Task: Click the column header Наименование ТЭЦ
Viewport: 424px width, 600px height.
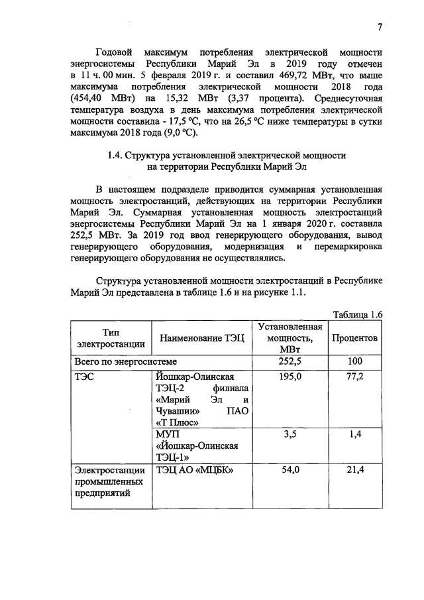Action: point(201,338)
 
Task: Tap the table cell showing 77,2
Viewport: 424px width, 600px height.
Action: point(355,376)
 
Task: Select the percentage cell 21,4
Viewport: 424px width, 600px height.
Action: point(355,469)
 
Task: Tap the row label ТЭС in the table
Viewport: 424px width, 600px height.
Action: point(86,376)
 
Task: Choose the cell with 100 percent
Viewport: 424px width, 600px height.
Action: point(355,361)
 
